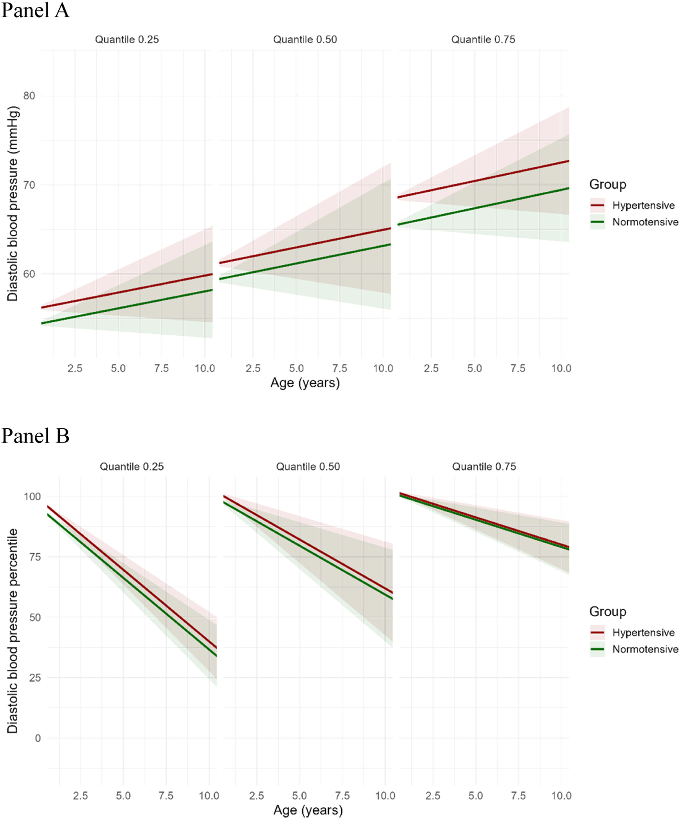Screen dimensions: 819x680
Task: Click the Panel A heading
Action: pyautogui.click(x=35, y=11)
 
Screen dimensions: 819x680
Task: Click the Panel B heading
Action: pyautogui.click(x=35, y=436)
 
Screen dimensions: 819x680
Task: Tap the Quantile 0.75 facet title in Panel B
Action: pyautogui.click(x=484, y=467)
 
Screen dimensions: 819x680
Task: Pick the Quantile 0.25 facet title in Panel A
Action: pyautogui.click(x=127, y=39)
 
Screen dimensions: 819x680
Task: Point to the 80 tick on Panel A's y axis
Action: pyautogui.click(x=29, y=96)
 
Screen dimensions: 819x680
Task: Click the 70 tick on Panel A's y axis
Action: pyautogui.click(x=29, y=185)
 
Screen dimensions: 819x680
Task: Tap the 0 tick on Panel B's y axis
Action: pyautogui.click(x=38, y=738)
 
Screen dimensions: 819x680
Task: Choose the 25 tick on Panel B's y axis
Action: pyautogui.click(x=35, y=677)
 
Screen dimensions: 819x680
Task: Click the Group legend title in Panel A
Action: pyautogui.click(x=608, y=185)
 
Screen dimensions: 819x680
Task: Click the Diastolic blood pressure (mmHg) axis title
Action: pyautogui.click(x=13, y=204)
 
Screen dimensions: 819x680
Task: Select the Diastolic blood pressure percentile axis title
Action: pyautogui.click(x=13, y=631)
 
